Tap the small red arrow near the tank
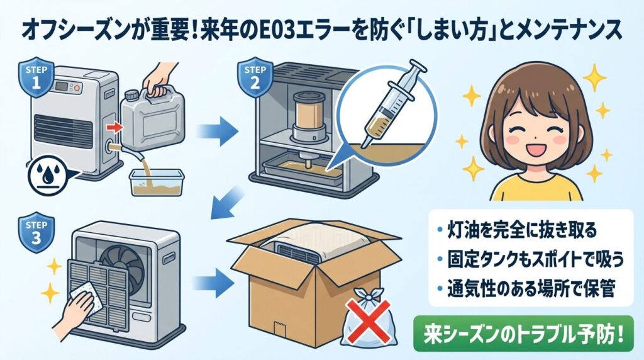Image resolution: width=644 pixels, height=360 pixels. tap(113, 128)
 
